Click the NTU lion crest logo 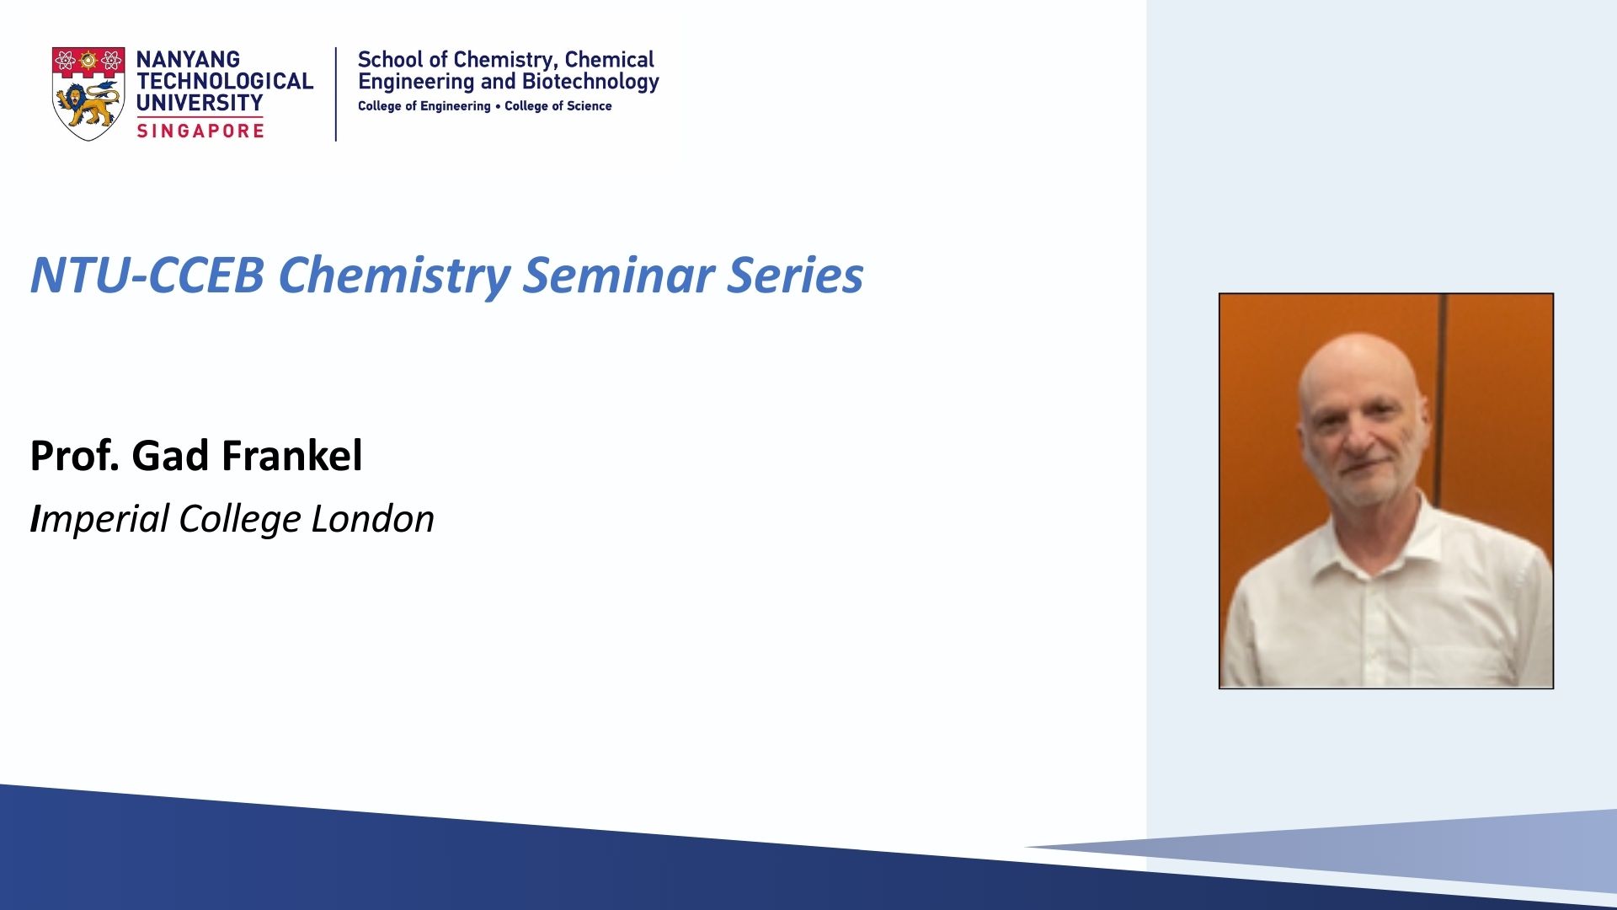[88, 94]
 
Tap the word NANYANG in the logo [188, 60]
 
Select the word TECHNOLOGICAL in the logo [225, 82]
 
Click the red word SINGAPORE [200, 131]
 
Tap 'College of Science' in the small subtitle [558, 106]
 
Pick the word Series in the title [796, 276]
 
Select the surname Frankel [292, 456]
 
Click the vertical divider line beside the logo [336, 94]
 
